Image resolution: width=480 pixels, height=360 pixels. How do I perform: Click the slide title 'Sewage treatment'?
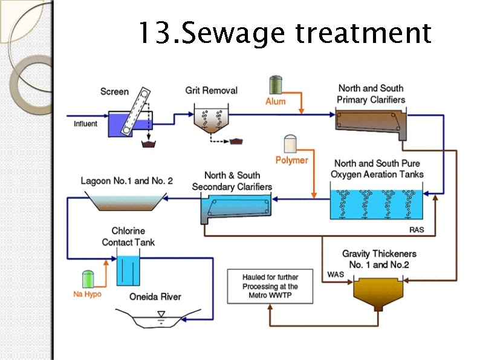[x=284, y=33]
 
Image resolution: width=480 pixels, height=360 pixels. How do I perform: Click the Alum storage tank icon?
[x=276, y=84]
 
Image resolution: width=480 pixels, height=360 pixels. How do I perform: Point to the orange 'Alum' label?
[x=275, y=102]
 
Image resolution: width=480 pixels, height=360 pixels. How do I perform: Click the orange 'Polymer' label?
[x=291, y=160]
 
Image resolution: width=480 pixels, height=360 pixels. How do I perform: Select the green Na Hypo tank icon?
[x=88, y=279]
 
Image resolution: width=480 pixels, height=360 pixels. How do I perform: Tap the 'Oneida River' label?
[x=155, y=297]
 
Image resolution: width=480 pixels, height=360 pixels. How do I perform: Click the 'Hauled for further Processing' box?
[x=270, y=286]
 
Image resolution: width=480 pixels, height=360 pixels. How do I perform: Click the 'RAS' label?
[x=417, y=230]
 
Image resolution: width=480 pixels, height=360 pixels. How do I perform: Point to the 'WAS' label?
[x=336, y=275]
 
